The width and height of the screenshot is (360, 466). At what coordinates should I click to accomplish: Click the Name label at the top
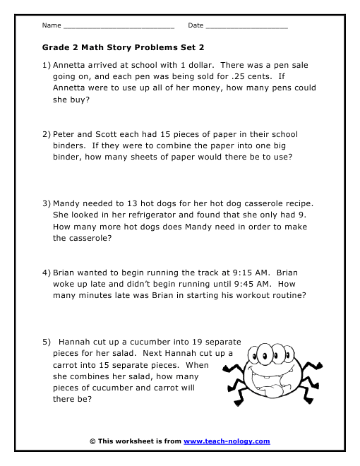point(51,25)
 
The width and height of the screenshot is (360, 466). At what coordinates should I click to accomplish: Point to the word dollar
point(198,65)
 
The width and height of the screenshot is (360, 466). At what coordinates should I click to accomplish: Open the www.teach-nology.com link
point(227,441)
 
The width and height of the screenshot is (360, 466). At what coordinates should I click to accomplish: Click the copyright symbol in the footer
point(92,441)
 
